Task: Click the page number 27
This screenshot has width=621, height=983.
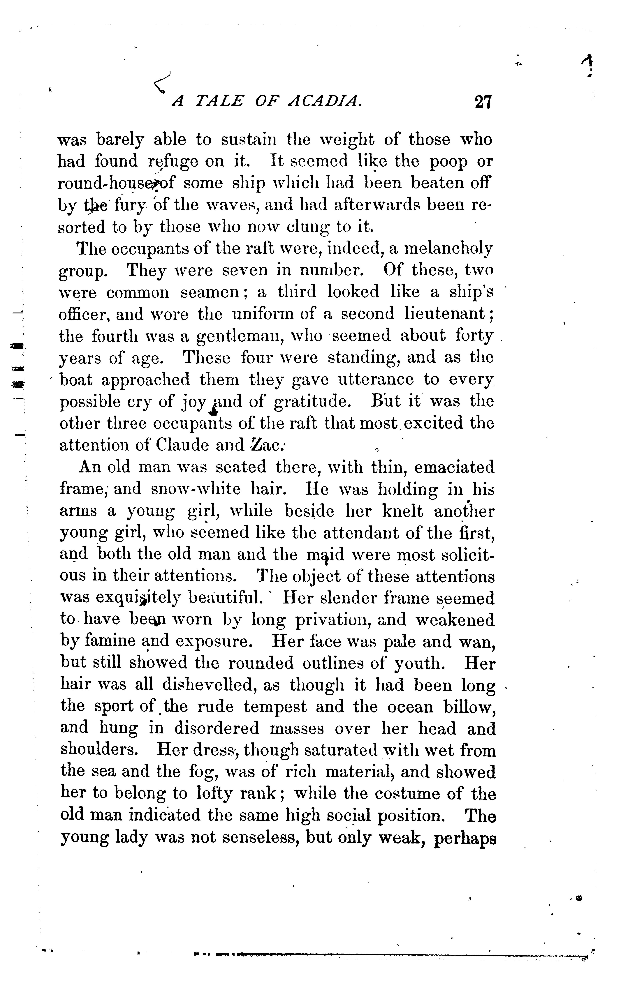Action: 484,101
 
